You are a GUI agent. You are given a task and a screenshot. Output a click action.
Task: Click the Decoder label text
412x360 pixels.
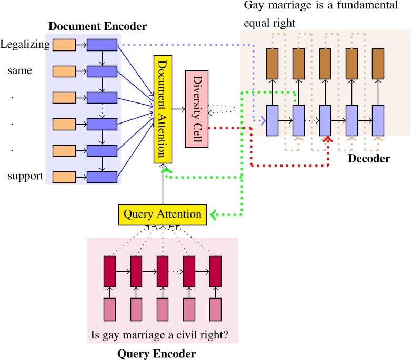(369, 158)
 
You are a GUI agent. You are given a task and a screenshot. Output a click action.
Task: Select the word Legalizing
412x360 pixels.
(25, 45)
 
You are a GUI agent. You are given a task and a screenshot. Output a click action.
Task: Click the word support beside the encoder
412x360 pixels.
(25, 176)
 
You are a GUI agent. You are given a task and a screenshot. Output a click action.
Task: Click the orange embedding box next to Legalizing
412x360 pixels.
(64, 45)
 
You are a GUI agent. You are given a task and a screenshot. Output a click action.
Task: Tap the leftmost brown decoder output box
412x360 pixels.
(272, 63)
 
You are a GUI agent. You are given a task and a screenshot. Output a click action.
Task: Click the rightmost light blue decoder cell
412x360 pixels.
(378, 120)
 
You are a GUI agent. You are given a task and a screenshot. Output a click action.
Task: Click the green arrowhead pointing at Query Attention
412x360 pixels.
(212, 214)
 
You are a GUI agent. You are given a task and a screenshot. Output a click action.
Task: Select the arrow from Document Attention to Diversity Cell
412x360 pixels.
(179, 109)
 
